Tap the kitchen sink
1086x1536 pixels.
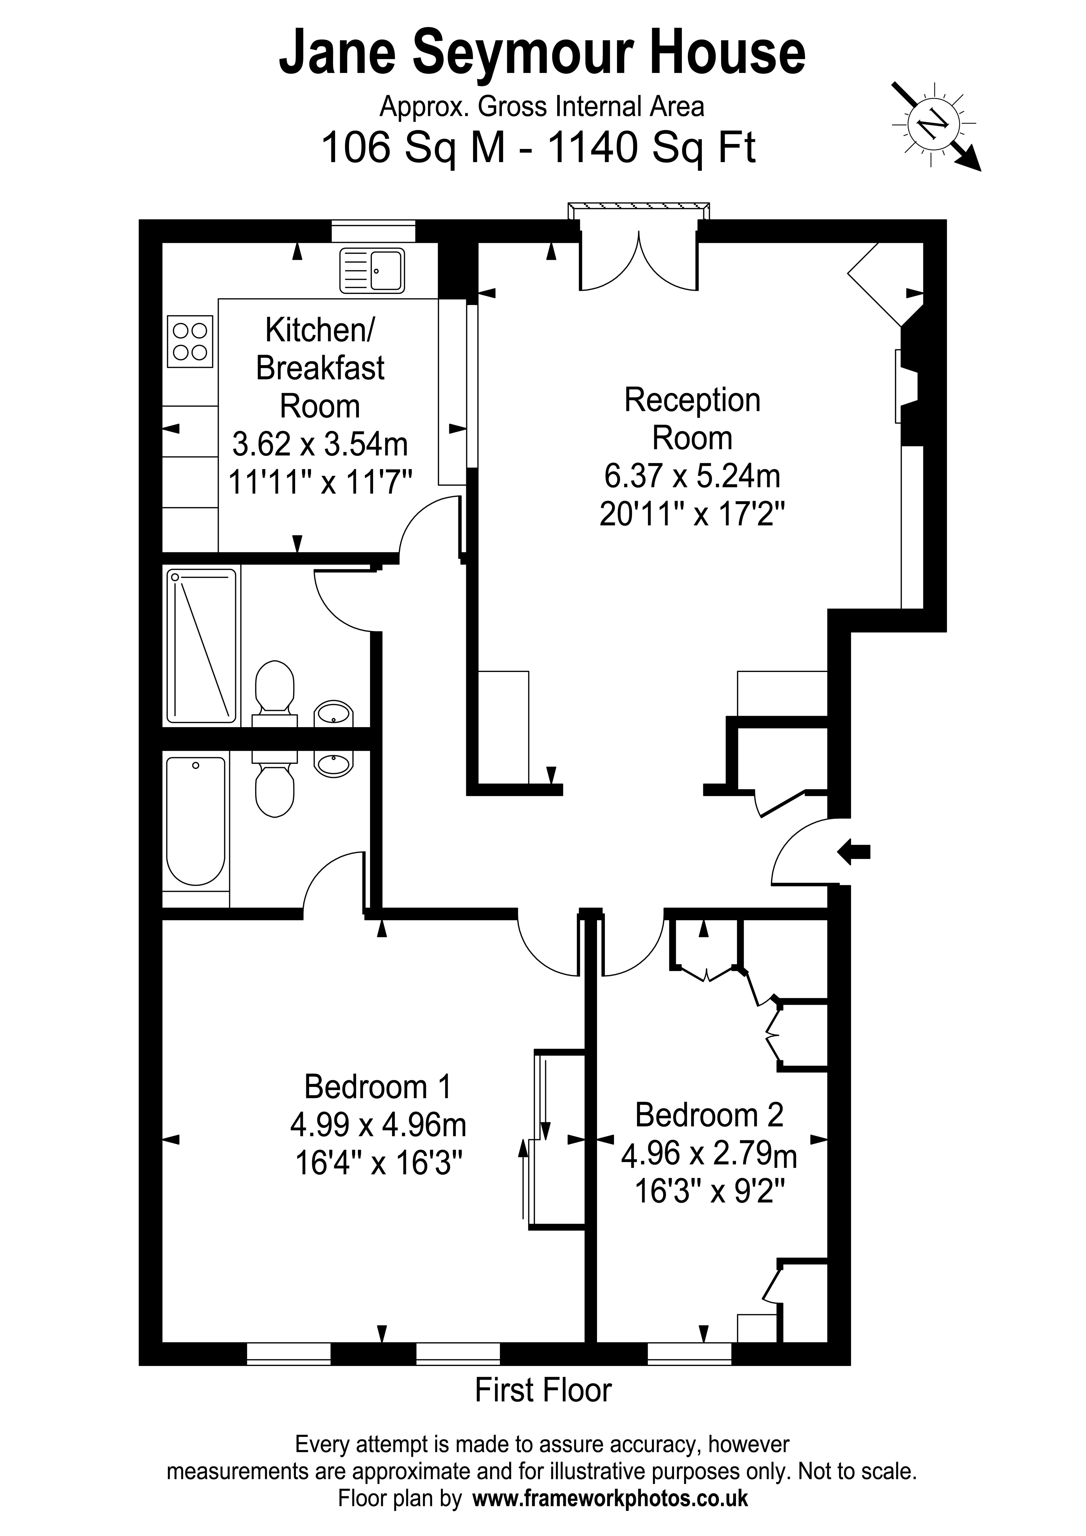(372, 271)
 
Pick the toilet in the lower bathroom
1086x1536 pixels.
(274, 786)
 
